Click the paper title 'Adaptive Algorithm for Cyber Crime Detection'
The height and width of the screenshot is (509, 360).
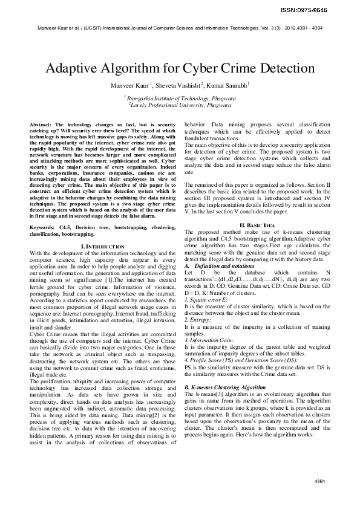(x=180, y=68)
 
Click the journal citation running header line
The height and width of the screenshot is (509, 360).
(x=180, y=28)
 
